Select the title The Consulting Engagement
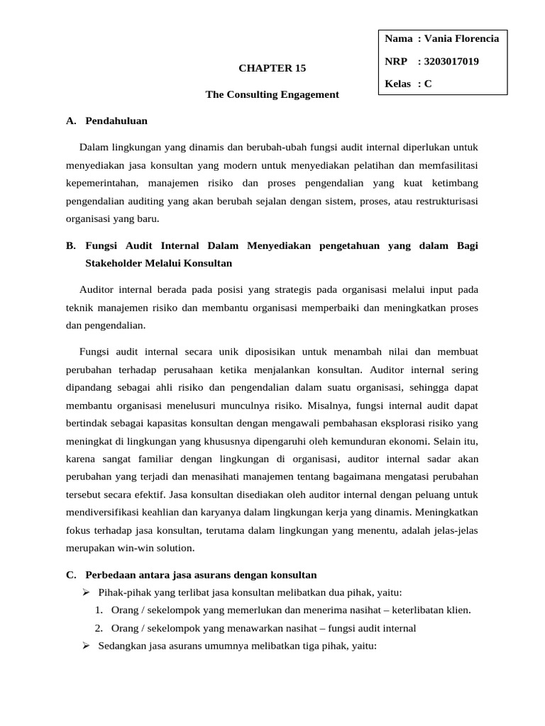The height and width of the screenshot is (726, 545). (x=272, y=94)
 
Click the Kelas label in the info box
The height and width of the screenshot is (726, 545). (x=397, y=84)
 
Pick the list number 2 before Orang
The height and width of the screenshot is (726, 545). (x=99, y=628)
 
